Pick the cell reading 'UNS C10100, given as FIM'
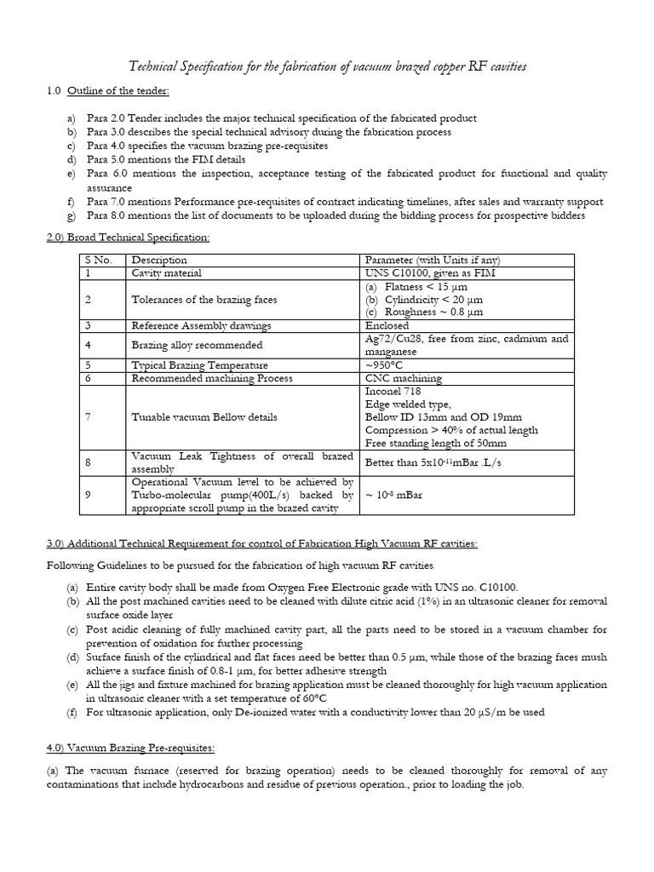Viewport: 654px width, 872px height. coord(431,272)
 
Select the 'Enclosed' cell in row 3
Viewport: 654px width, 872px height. coord(387,325)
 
